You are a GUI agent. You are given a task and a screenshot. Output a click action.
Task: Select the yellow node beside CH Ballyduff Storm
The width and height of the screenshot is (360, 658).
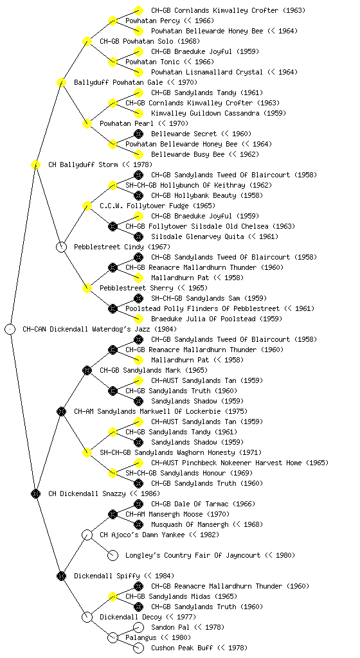[35, 164]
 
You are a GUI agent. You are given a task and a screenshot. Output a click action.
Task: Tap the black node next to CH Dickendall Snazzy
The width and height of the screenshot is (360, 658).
[35, 493]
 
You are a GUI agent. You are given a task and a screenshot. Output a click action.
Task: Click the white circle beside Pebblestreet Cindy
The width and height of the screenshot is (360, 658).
[61, 247]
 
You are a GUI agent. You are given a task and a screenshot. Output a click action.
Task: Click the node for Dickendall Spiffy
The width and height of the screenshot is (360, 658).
[61, 576]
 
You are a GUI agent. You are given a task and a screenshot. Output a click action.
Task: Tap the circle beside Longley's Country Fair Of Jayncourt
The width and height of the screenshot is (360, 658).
[113, 555]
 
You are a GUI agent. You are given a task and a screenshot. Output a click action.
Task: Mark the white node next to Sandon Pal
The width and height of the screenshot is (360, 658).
[138, 627]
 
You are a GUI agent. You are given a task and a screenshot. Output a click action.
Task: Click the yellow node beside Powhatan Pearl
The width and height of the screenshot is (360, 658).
[87, 123]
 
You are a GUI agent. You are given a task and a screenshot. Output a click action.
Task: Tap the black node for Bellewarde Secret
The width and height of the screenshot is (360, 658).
[138, 134]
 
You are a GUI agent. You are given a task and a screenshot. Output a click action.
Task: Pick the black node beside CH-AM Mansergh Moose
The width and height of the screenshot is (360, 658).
[113, 514]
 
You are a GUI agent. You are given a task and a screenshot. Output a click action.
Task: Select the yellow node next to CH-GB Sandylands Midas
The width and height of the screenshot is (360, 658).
[113, 596]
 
